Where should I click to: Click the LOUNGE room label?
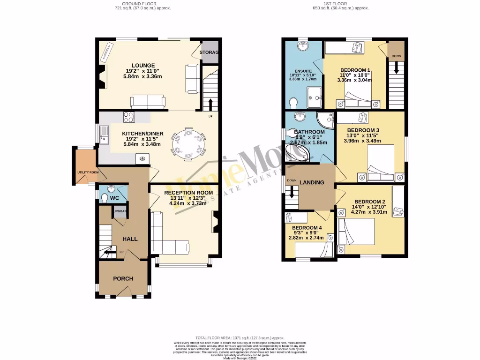pyautogui.click(x=143, y=65)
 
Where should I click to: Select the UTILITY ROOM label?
pyautogui.click(x=88, y=172)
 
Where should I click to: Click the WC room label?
pyautogui.click(x=115, y=198)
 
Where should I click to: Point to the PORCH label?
pyautogui.click(x=123, y=278)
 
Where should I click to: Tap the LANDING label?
pyautogui.click(x=312, y=182)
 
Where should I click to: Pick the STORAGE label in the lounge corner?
pyautogui.click(x=209, y=52)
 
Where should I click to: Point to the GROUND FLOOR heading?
pyautogui.click(x=143, y=3)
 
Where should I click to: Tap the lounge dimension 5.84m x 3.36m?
pyautogui.click(x=143, y=76)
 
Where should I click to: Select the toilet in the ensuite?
pyautogui.click(x=293, y=102)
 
